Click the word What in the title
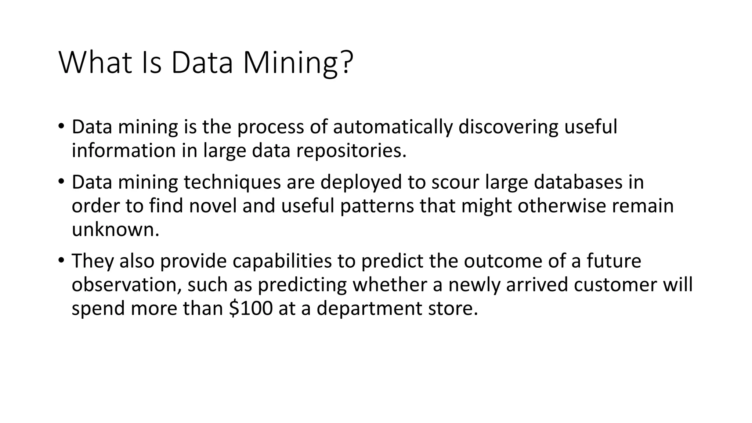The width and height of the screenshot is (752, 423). [95, 62]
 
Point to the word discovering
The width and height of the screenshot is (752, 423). [508, 127]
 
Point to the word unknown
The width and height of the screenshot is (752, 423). [115, 230]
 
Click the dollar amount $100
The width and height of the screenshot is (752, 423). [251, 308]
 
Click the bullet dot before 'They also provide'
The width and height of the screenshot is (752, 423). [61, 261]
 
